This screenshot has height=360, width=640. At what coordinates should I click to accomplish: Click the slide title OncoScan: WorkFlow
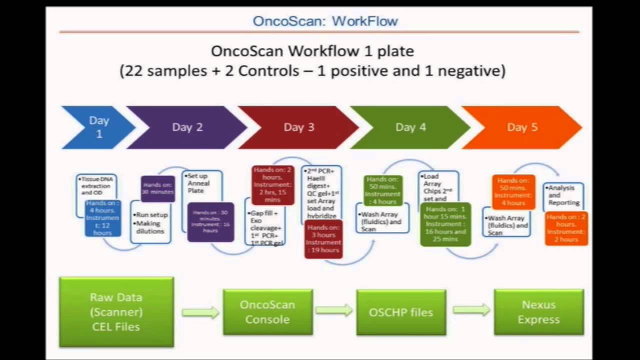[x=325, y=21]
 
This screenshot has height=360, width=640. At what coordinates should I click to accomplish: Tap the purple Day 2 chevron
[x=187, y=127]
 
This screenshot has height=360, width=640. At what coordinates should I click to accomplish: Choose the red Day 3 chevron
[x=299, y=127]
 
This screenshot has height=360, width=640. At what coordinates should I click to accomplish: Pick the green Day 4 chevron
[x=410, y=127]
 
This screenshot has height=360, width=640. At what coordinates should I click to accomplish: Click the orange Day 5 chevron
[x=522, y=127]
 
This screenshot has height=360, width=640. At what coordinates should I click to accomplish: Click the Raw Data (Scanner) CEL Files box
[x=116, y=312]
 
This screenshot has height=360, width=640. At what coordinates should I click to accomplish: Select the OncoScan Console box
[x=267, y=312]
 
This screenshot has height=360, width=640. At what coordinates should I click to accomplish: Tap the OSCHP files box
[x=401, y=312]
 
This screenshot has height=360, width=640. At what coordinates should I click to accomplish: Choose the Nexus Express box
[x=538, y=312]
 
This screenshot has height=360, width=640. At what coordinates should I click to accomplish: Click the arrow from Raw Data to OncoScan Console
[x=200, y=313]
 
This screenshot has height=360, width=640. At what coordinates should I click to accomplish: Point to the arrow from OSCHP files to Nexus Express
[x=471, y=310]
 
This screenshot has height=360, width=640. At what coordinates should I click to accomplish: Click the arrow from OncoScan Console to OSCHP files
[x=334, y=310]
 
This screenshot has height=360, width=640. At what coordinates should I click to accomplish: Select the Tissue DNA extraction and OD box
[x=96, y=186]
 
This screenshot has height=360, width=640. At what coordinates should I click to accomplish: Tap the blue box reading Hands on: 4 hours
[x=103, y=218]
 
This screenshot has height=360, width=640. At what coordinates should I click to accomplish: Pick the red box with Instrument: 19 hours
[x=323, y=239]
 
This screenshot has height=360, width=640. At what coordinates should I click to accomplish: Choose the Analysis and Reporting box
[x=563, y=195]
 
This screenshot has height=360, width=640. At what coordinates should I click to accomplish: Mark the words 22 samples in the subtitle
[x=163, y=70]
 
